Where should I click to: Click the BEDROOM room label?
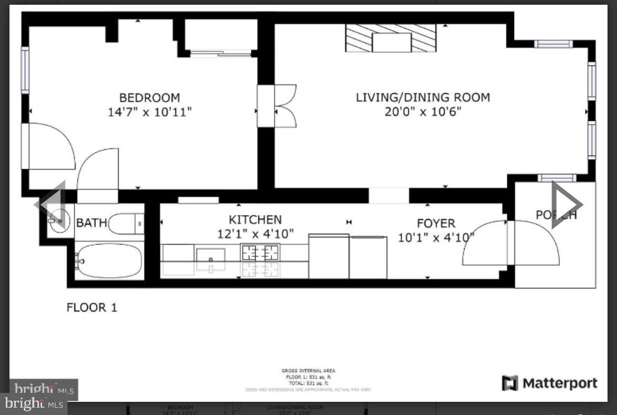pos(149,98)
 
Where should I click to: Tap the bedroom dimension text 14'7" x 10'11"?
pos(149,112)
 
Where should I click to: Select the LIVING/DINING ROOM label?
pos(422,98)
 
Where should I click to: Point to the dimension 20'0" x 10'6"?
pos(422,112)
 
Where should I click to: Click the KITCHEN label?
pos(255,219)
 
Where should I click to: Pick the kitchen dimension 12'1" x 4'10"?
pos(255,234)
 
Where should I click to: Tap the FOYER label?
pos(436,224)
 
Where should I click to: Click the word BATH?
pos(91,223)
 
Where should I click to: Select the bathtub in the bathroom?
pos(109,260)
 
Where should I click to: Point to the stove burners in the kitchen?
pos(260,253)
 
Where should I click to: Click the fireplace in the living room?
pos(391,38)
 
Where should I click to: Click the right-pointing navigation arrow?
pos(566,204)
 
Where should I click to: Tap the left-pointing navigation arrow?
pos(51,204)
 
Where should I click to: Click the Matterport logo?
pos(549,383)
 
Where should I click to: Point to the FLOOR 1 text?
pos(92,307)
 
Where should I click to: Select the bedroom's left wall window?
pos(25,70)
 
